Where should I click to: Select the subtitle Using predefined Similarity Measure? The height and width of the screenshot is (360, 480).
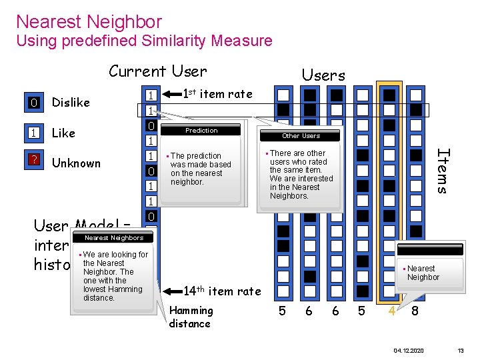tap(144, 41)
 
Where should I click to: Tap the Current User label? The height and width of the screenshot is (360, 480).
tap(158, 71)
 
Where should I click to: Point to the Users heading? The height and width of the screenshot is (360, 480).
tap(323, 75)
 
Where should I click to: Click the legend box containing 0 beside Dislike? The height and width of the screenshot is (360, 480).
tap(33, 103)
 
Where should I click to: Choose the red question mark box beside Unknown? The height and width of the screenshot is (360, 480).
tap(33, 163)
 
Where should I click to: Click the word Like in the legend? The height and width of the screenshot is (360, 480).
tap(63, 133)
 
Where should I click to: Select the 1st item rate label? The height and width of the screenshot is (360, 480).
tap(217, 94)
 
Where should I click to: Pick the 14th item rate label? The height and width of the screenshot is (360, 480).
tap(221, 291)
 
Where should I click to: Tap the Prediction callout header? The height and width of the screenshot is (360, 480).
tap(201, 131)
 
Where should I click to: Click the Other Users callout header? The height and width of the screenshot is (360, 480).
tap(301, 136)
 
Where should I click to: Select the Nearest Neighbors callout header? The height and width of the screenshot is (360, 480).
tap(114, 238)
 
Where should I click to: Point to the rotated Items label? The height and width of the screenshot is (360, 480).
tap(441, 170)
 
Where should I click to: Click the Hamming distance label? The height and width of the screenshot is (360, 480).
tap(191, 317)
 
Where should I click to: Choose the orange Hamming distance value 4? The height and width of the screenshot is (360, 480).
tap(393, 311)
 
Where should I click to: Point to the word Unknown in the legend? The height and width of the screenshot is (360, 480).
tap(76, 163)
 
